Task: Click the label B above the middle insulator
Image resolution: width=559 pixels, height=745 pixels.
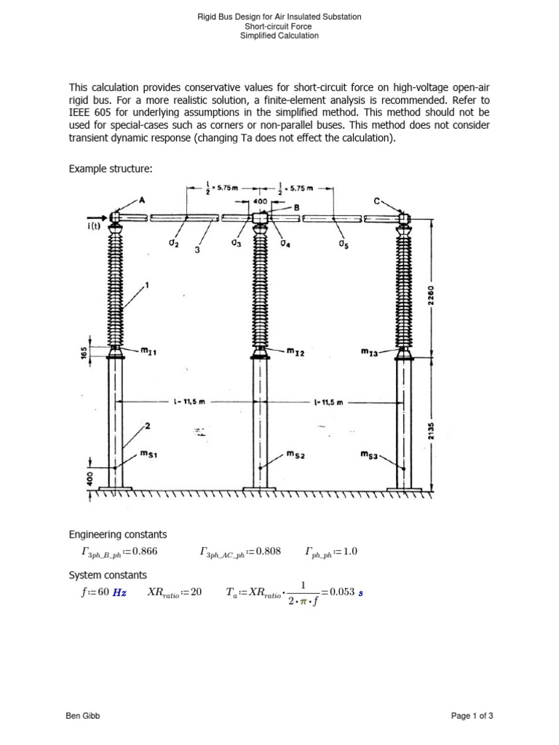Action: [296, 207]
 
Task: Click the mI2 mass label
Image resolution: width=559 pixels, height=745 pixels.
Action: [295, 353]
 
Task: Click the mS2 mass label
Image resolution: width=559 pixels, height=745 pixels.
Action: [295, 455]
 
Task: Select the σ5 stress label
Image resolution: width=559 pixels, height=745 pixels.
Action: [343, 245]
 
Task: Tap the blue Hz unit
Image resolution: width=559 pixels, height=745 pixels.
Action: [119, 592]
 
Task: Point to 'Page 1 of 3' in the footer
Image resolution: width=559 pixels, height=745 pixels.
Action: [472, 717]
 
